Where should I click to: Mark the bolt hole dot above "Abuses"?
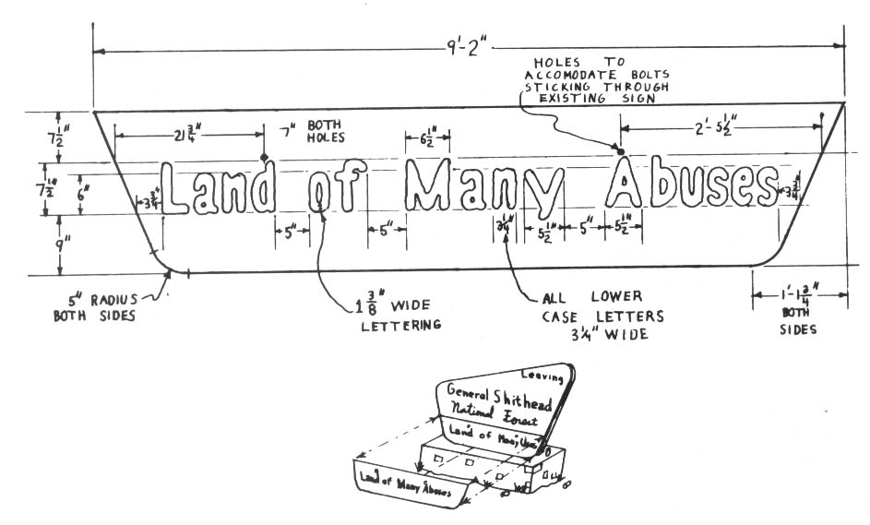620,150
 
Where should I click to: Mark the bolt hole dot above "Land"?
265,157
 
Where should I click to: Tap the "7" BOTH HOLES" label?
305,131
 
